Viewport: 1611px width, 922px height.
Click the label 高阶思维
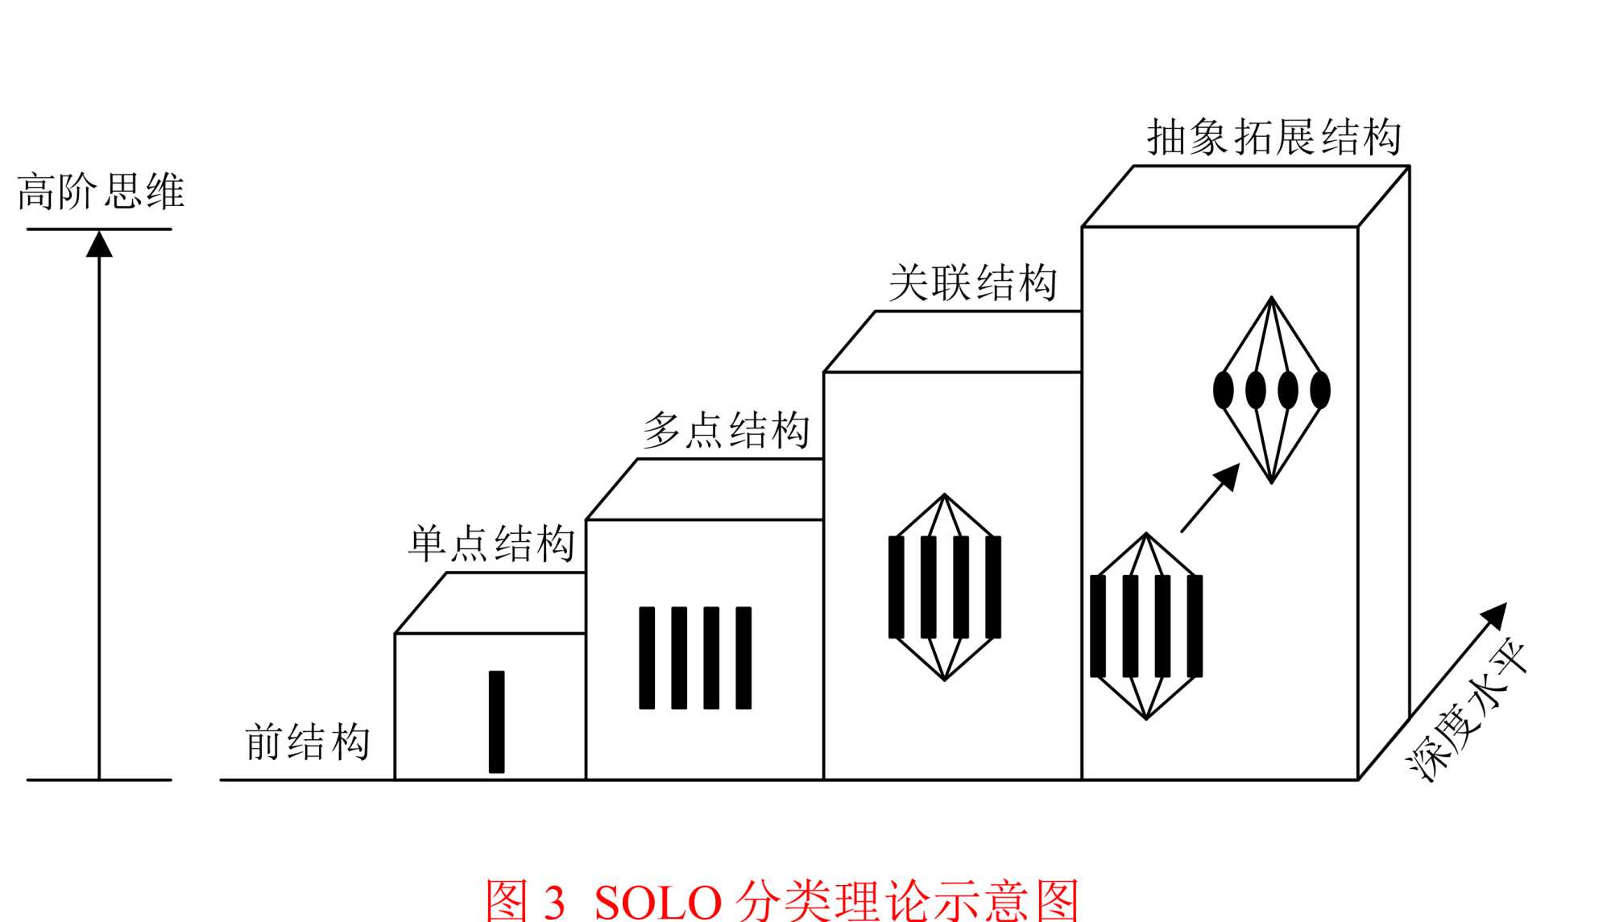[x=101, y=192]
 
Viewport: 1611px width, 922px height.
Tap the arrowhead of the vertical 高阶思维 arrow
[x=99, y=244]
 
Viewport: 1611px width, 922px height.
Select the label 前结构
[x=307, y=742]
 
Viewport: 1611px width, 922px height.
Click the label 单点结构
[x=491, y=544]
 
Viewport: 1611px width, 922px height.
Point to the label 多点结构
[x=727, y=430]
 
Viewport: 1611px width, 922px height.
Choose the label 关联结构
[x=972, y=283]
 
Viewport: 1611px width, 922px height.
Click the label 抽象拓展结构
[x=1273, y=137]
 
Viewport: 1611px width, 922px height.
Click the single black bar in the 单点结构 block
[x=497, y=721]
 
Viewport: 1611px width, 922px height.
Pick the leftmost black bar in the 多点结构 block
[x=647, y=658]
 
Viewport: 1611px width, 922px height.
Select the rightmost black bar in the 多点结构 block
[x=743, y=658]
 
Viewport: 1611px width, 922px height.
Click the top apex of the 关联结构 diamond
[x=945, y=495]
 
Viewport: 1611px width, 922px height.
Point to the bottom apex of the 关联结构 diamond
[x=945, y=680]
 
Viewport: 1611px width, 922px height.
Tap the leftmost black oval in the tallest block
[x=1223, y=391]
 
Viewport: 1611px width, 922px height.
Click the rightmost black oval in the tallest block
[x=1320, y=391]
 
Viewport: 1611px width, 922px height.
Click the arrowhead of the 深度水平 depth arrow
[x=1496, y=614]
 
